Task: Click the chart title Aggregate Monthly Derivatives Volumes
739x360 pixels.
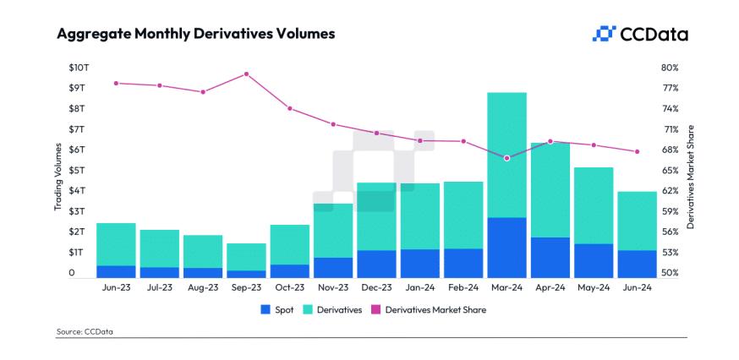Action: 195,35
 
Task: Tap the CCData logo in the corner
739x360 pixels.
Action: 640,34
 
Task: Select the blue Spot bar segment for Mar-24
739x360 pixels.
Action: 506,248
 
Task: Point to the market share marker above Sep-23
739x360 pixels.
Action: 246,74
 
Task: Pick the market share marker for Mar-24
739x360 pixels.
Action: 506,158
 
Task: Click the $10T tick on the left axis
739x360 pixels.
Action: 77,68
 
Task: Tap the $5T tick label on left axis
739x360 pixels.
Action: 77,171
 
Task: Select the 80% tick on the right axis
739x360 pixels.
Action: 670,68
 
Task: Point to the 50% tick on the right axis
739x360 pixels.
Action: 670,274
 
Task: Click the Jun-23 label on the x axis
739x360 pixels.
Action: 116,288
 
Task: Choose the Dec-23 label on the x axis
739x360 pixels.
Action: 376,288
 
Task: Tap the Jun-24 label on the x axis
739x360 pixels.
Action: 637,288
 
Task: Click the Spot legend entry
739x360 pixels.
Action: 277,310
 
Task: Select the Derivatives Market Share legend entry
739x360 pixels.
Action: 429,310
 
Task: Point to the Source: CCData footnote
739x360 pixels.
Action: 85,332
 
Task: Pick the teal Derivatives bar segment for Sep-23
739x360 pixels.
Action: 246,257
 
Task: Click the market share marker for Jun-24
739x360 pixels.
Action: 637,151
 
